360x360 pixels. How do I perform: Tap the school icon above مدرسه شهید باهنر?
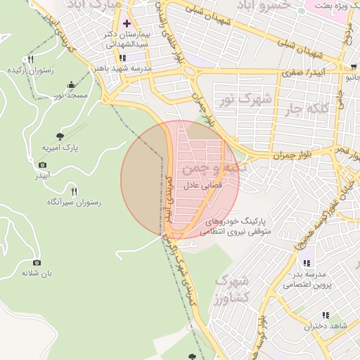tap(123, 58)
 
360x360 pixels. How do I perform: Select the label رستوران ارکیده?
tap(27, 70)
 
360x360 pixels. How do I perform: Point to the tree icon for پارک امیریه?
tap(59, 136)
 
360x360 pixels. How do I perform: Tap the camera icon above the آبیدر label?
tap(43, 165)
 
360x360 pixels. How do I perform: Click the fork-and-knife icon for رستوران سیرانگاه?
tap(73, 191)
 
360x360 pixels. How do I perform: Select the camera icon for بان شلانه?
tap(37, 262)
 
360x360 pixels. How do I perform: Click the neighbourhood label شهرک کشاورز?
tap(232, 289)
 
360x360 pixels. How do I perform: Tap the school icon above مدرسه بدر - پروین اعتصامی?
tap(307, 263)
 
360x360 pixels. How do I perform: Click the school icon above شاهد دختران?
tap(325, 316)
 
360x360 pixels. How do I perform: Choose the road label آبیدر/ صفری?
tap(300, 72)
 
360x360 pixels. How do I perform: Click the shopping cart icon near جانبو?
tap(353, 67)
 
